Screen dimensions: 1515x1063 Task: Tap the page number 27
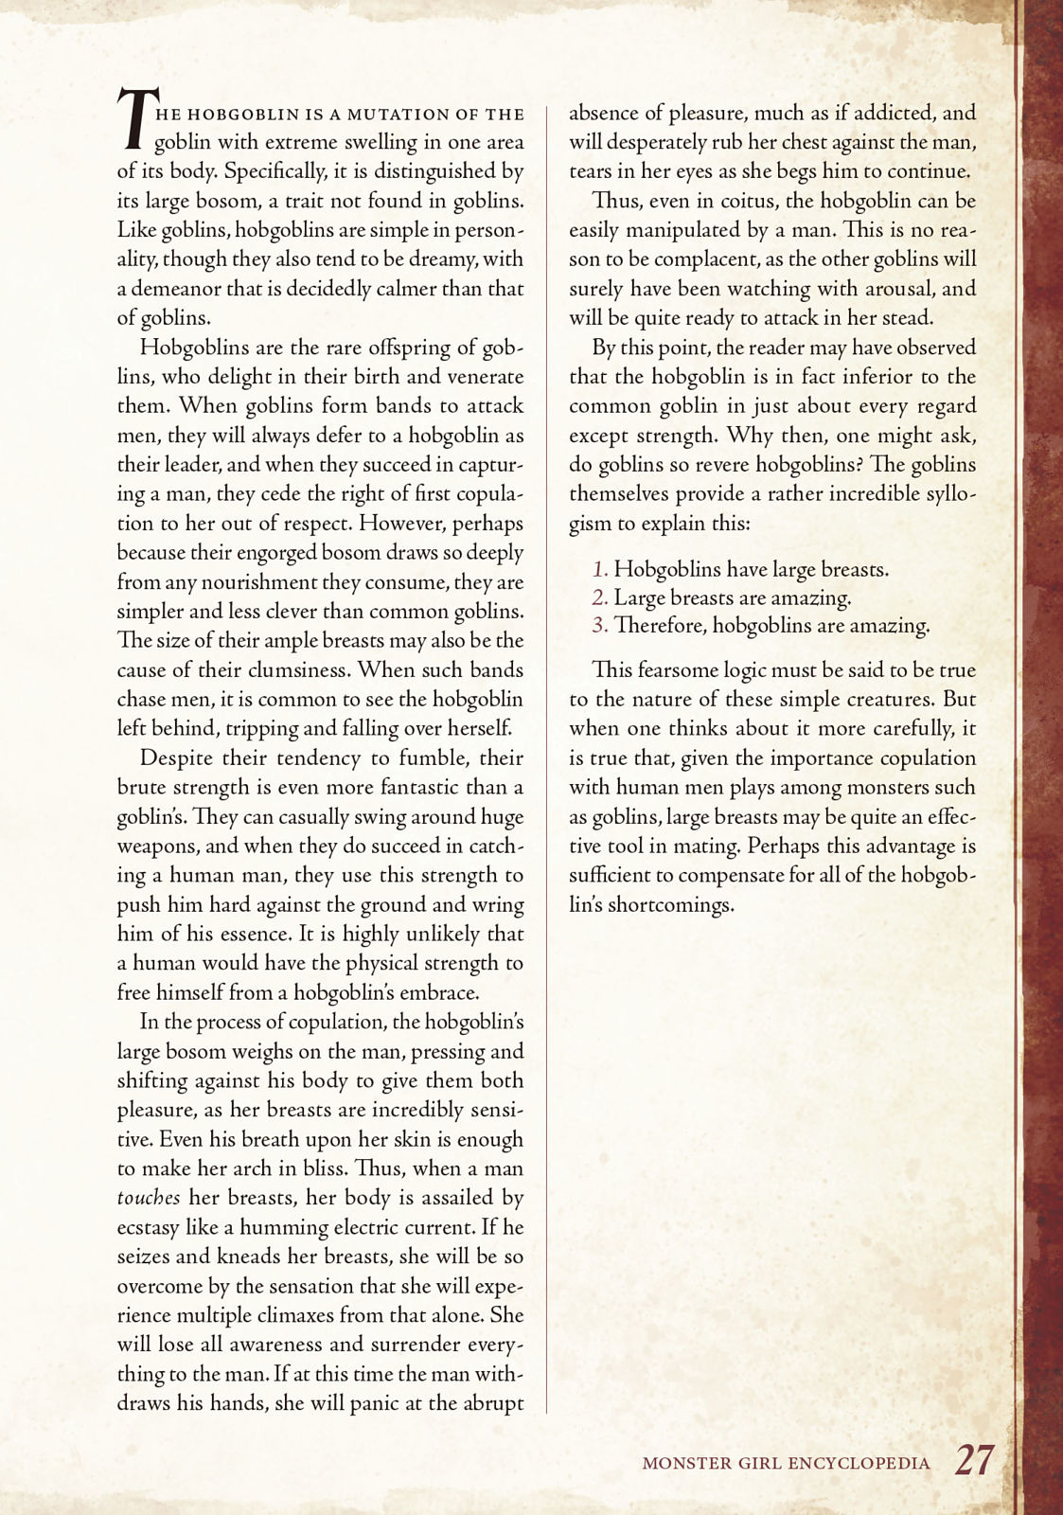(x=974, y=1460)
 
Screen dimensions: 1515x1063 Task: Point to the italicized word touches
(x=148, y=1198)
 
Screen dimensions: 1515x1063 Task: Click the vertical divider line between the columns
(x=547, y=757)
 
